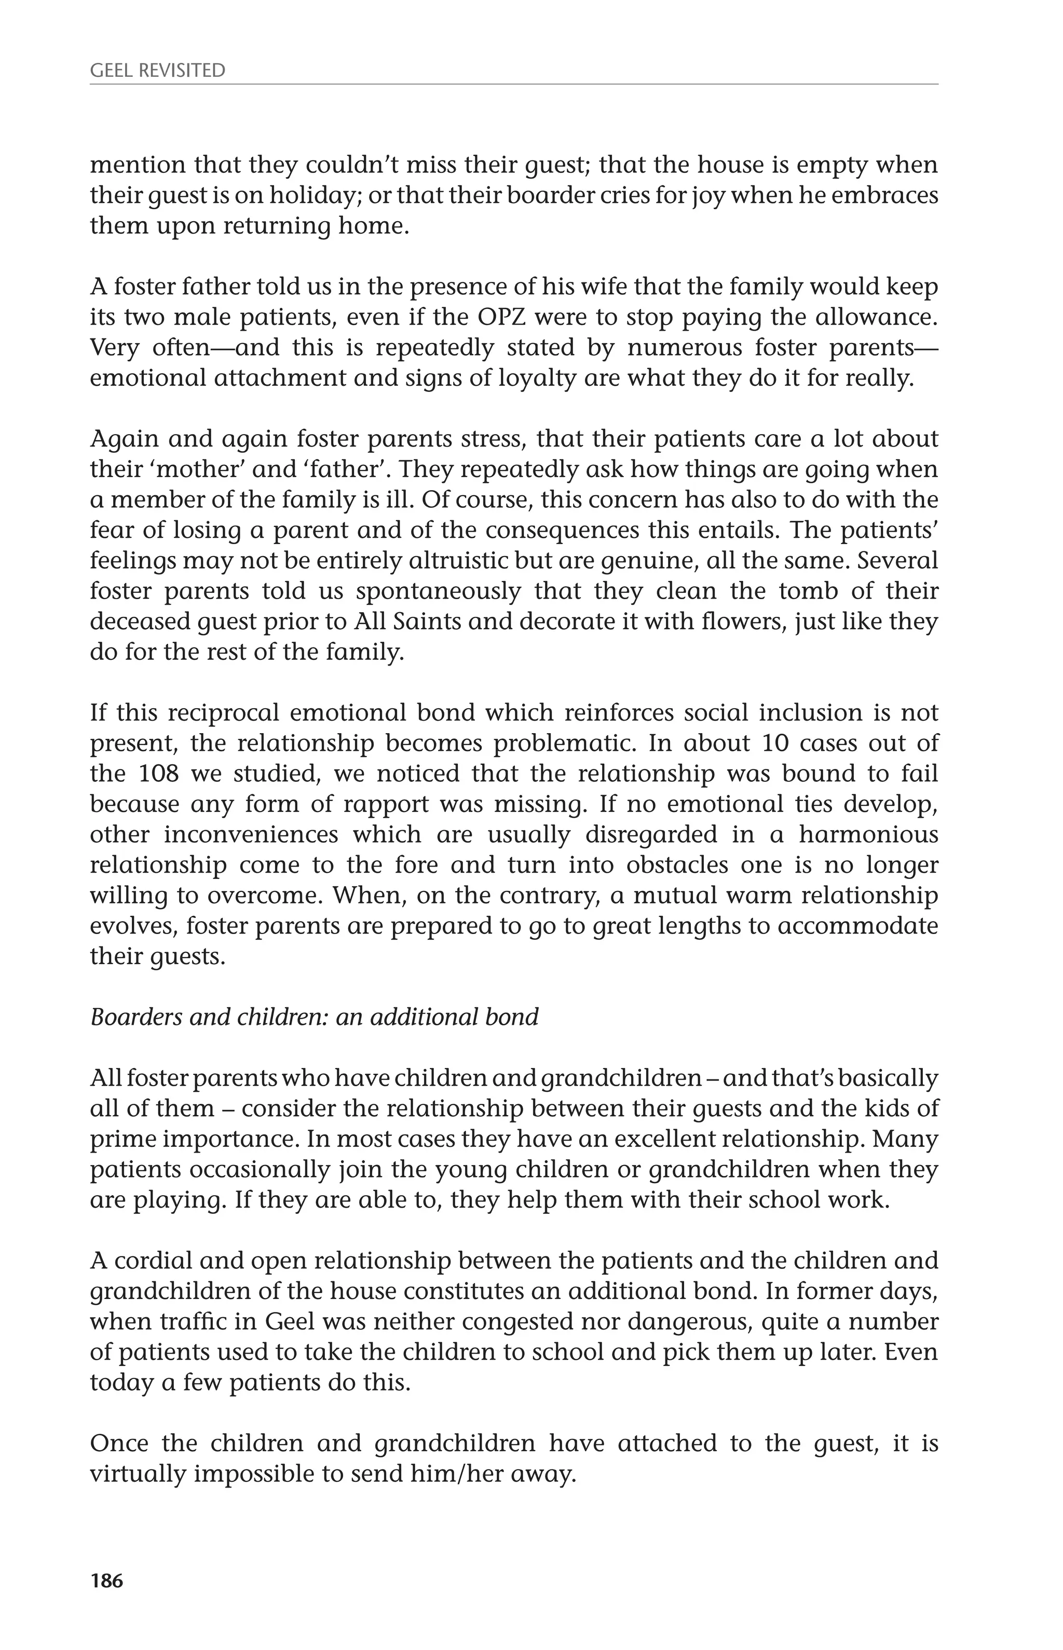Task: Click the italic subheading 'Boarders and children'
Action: (x=314, y=1017)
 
